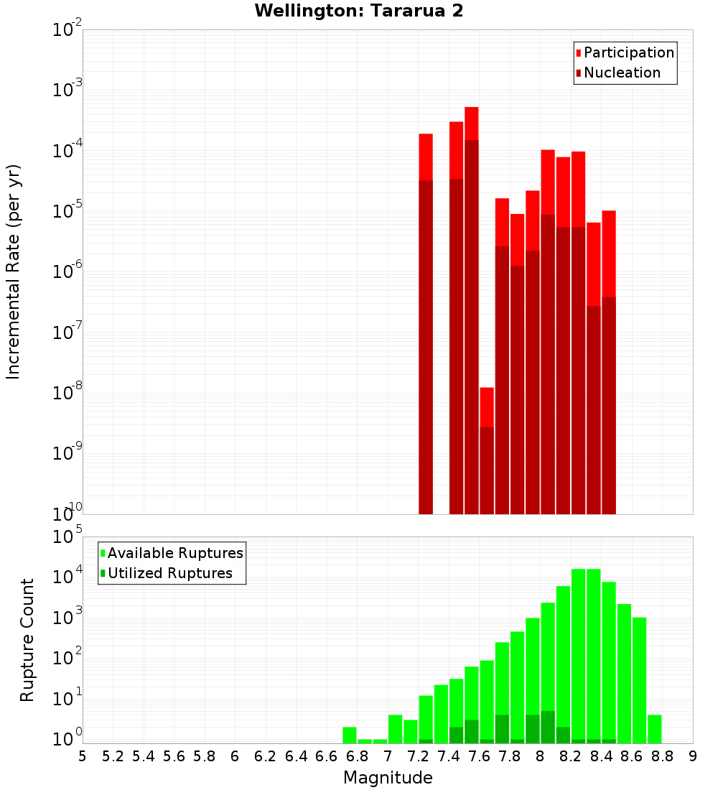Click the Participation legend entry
tap(628, 52)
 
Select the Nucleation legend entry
tap(622, 73)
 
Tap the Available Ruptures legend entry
tap(175, 553)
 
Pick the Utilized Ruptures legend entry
tap(169, 573)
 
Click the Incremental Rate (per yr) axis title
tap(14, 272)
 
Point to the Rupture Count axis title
tap(27, 640)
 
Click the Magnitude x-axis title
tap(388, 778)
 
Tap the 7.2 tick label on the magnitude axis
tap(419, 756)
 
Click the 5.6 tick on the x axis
tap(174, 756)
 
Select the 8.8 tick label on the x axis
tap(663, 756)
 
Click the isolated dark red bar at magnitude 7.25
tap(426, 345)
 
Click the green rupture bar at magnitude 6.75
tap(350, 735)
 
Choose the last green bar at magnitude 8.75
tap(655, 729)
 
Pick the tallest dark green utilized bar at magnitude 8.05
tap(548, 728)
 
